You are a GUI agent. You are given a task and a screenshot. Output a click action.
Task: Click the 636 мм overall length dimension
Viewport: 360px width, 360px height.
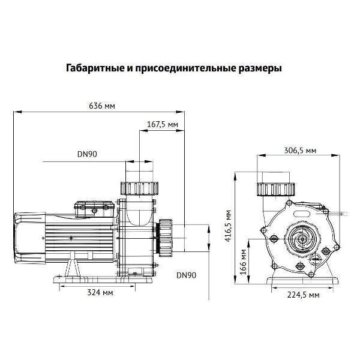pos(101,106)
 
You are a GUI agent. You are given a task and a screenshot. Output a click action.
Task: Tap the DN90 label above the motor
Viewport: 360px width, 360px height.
pos(87,154)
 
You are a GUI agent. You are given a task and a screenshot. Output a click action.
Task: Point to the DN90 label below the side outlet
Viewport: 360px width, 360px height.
pos(186,275)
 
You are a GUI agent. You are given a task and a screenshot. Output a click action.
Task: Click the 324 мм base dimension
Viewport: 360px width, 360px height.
pos(100,293)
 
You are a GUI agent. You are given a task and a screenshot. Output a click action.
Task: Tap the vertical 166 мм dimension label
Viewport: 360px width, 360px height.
pos(242,262)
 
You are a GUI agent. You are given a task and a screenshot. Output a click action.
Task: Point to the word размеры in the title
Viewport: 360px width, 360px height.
pos(259,68)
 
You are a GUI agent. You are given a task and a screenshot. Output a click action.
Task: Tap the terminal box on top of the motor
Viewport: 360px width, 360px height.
pos(93,208)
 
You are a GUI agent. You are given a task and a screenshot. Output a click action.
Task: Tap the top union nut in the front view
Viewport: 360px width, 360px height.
pos(275,188)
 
